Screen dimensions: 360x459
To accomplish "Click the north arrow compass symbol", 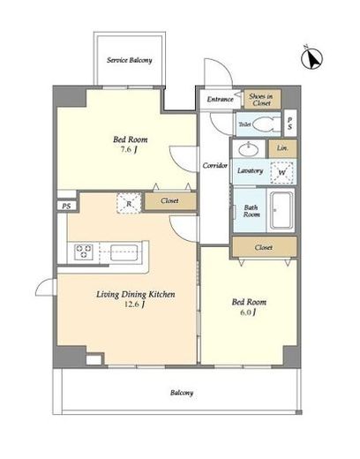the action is coord(312,58).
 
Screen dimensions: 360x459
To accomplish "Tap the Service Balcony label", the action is coord(130,60).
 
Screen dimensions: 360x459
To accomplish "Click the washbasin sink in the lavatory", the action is coord(249,150).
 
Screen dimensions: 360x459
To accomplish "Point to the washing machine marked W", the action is coord(281,172).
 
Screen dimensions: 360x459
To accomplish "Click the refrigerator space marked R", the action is coord(129,203).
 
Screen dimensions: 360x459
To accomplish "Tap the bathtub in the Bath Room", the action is coord(281,210).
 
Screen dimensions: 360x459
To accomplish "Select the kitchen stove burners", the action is coord(84,252).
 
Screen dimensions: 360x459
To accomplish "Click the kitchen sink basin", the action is coord(124,252).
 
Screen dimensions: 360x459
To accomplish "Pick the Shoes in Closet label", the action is coord(261,100).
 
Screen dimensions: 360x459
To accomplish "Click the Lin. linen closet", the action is coord(282,148).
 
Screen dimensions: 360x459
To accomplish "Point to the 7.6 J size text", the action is coord(129,150).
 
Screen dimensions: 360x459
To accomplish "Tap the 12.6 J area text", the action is coord(134,305).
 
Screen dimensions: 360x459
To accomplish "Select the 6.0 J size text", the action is coord(247,312).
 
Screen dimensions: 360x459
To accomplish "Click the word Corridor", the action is coord(215,166).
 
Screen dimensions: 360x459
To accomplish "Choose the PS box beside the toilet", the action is coord(290,124).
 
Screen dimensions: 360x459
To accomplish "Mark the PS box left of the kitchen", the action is coord(66,206).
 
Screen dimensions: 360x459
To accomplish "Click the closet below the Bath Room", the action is coord(264,247).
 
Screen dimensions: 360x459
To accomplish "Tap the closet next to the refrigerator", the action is coord(170,201).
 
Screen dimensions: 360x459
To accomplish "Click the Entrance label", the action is coord(221,99).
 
